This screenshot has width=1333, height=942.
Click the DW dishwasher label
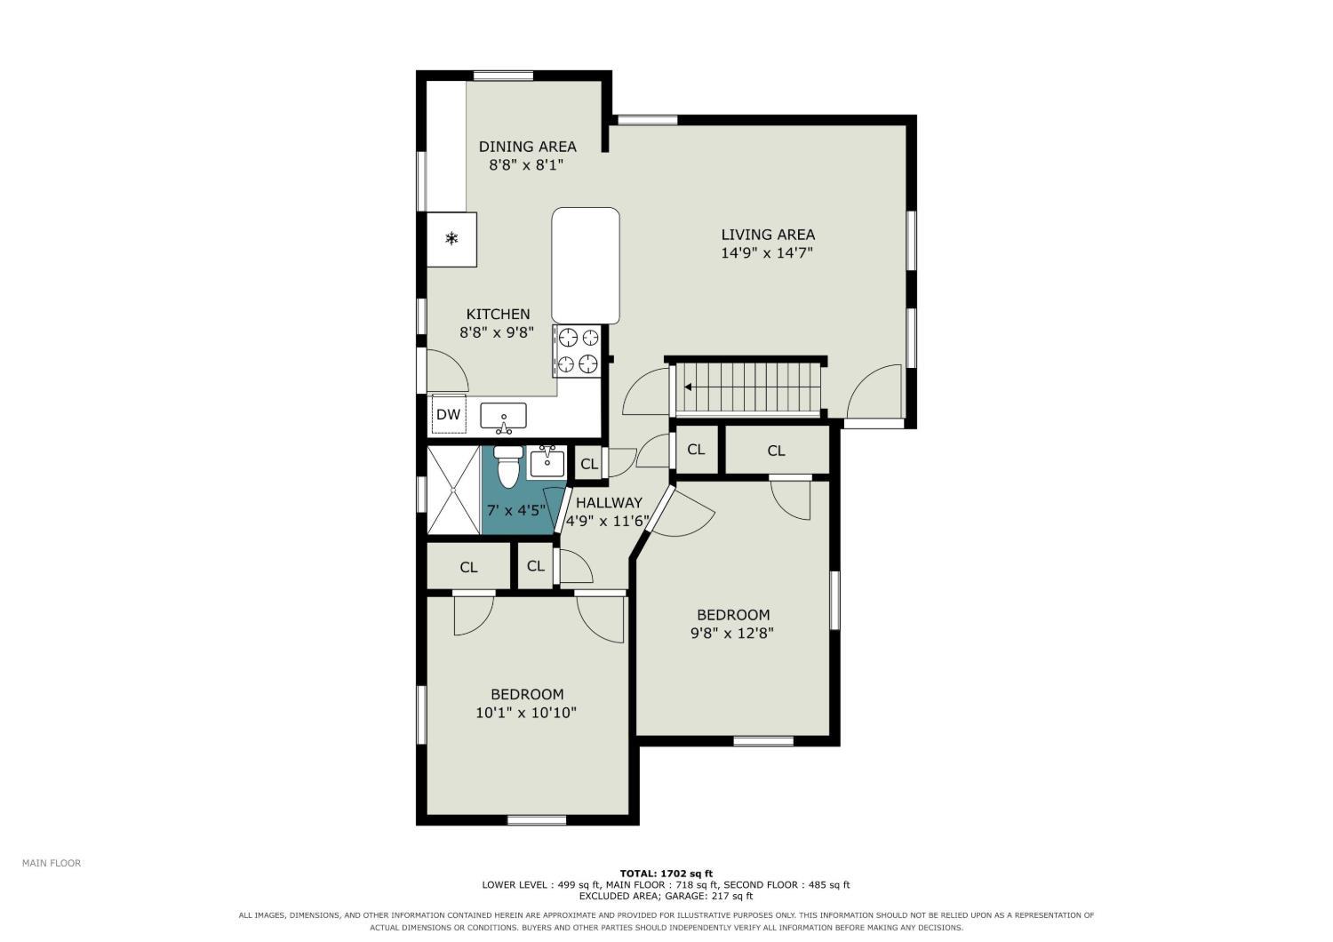[448, 415]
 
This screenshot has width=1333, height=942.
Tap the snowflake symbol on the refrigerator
[452, 239]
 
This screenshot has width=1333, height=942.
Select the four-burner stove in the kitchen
[576, 351]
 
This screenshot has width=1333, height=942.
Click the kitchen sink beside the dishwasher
[504, 417]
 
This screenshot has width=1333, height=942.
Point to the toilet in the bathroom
[508, 466]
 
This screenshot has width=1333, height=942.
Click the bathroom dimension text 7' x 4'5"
[516, 510]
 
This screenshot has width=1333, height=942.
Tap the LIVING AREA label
[768, 235]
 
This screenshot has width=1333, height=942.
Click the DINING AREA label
[527, 147]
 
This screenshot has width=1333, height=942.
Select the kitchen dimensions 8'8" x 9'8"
[497, 332]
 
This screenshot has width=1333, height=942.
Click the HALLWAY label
[609, 502]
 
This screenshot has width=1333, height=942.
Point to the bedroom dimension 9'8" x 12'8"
[732, 633]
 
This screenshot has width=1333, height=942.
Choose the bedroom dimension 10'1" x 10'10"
[526, 713]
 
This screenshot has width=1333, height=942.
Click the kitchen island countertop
[586, 266]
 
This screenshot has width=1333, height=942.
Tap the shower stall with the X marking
[453, 490]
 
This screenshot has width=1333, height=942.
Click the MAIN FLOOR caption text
[52, 863]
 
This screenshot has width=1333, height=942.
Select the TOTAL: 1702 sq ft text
[666, 874]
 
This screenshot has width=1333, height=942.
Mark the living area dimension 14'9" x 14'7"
[767, 253]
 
